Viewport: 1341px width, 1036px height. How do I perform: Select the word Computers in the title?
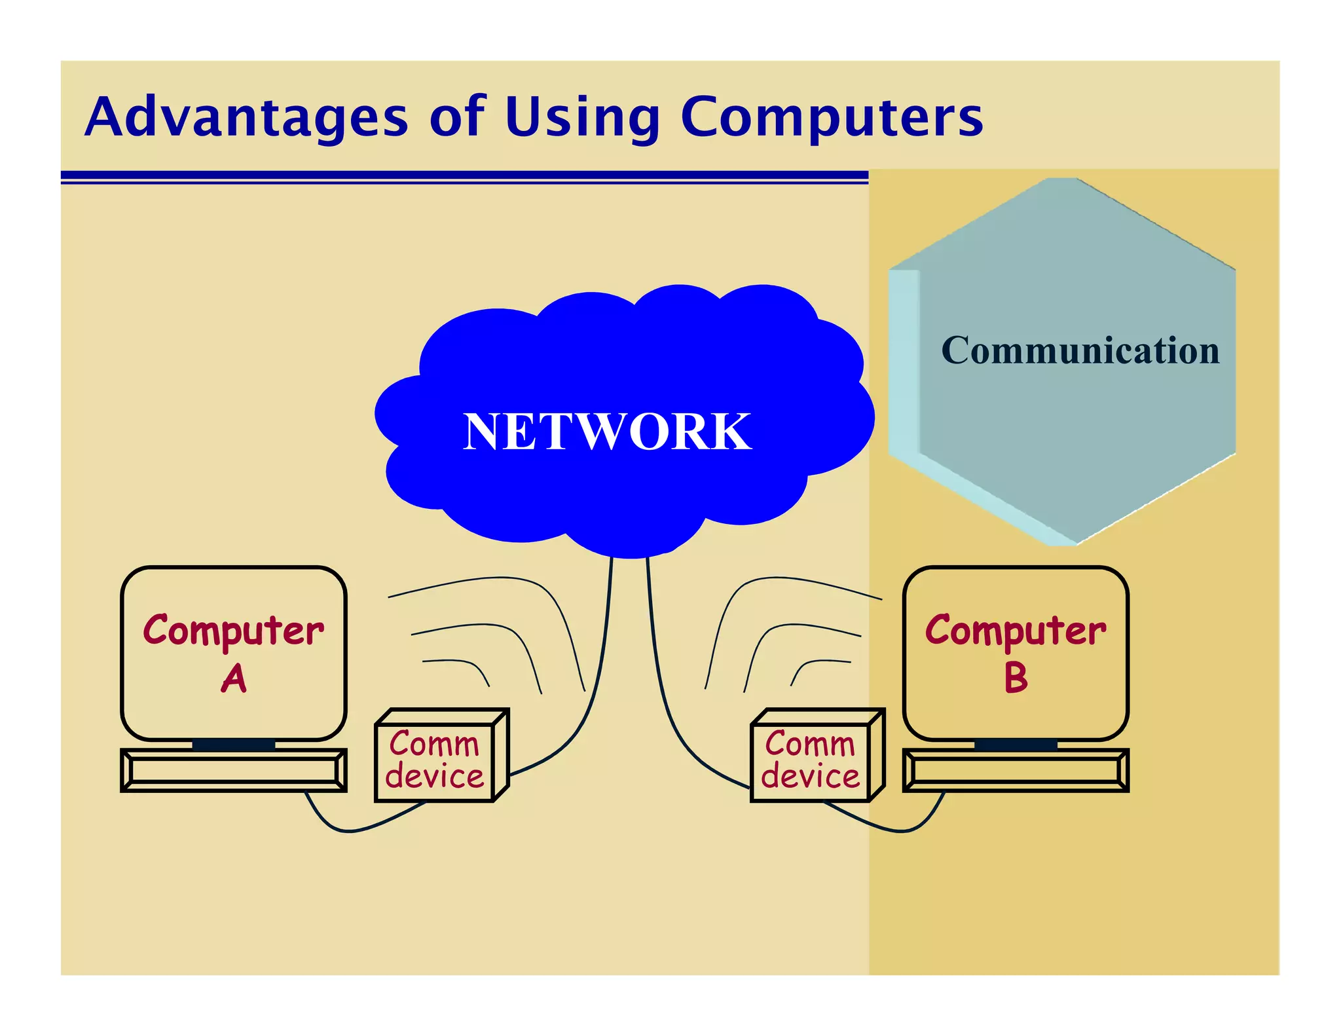point(832,118)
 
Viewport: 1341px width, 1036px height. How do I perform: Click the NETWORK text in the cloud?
point(607,432)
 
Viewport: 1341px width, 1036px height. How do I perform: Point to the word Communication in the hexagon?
point(1080,350)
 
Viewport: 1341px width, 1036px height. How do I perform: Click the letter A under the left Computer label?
point(234,678)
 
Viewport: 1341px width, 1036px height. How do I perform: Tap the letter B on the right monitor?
point(1016,678)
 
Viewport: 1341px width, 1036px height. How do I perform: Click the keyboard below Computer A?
point(233,770)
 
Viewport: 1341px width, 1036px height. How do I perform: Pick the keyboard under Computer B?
point(1016,770)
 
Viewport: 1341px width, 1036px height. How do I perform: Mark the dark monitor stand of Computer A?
point(233,745)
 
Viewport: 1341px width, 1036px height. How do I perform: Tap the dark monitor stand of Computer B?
point(1016,745)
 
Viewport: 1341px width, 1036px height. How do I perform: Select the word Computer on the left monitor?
point(234,631)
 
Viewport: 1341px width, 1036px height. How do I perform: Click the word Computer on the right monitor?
point(1016,631)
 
